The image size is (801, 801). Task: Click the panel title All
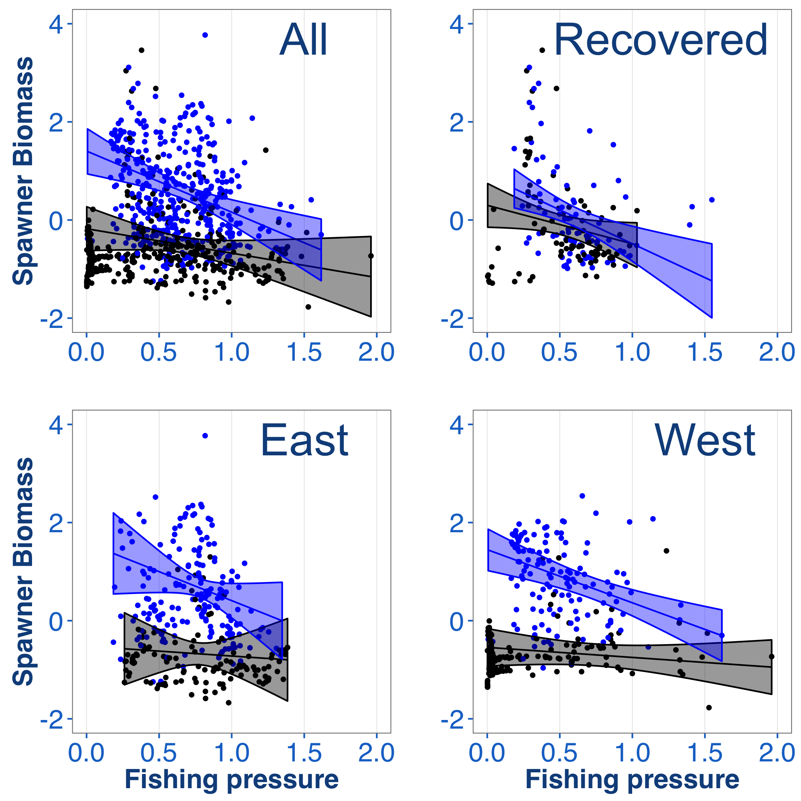pos(303,40)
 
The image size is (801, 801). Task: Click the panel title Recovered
pos(660,40)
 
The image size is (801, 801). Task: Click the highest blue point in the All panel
pos(205,35)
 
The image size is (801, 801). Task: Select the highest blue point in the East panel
pos(205,435)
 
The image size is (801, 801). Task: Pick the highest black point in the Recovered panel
pos(542,50)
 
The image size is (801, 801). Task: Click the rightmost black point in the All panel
pos(371,256)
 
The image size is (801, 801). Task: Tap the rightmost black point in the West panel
pos(772,656)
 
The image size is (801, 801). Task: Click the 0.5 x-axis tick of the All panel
pos(159,352)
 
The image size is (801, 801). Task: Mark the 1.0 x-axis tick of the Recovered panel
pos(632,352)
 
